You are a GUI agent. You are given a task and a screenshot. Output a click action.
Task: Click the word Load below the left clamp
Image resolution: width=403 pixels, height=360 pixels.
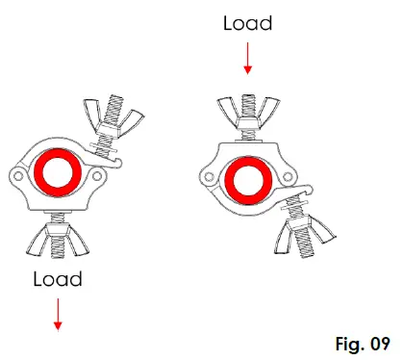point(58,280)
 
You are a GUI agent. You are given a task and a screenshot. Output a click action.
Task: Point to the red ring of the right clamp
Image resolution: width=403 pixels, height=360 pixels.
point(226,178)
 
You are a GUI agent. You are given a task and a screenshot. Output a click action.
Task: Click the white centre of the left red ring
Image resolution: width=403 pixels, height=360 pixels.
point(55,172)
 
